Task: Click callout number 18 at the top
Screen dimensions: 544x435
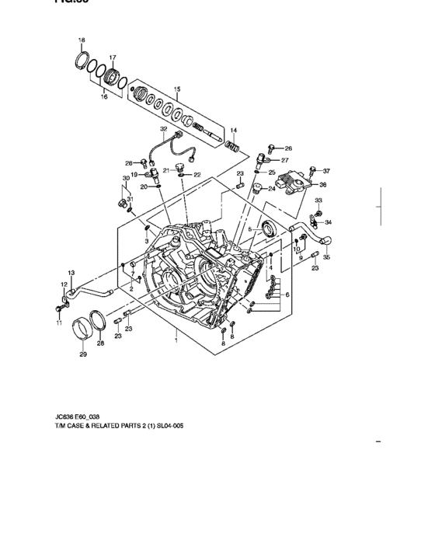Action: coord(82,39)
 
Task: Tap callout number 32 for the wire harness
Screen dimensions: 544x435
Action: coord(164,128)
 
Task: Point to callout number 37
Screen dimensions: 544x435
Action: coord(326,170)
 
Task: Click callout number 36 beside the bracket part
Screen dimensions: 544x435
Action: coord(323,185)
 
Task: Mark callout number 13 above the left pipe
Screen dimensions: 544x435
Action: coord(71,272)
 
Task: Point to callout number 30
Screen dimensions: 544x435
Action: coord(126,179)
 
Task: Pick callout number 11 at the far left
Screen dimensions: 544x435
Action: coord(58,323)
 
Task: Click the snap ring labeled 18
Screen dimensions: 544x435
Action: coord(82,58)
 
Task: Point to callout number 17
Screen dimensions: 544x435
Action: coord(113,58)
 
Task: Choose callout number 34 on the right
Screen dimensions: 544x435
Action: coord(328,221)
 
